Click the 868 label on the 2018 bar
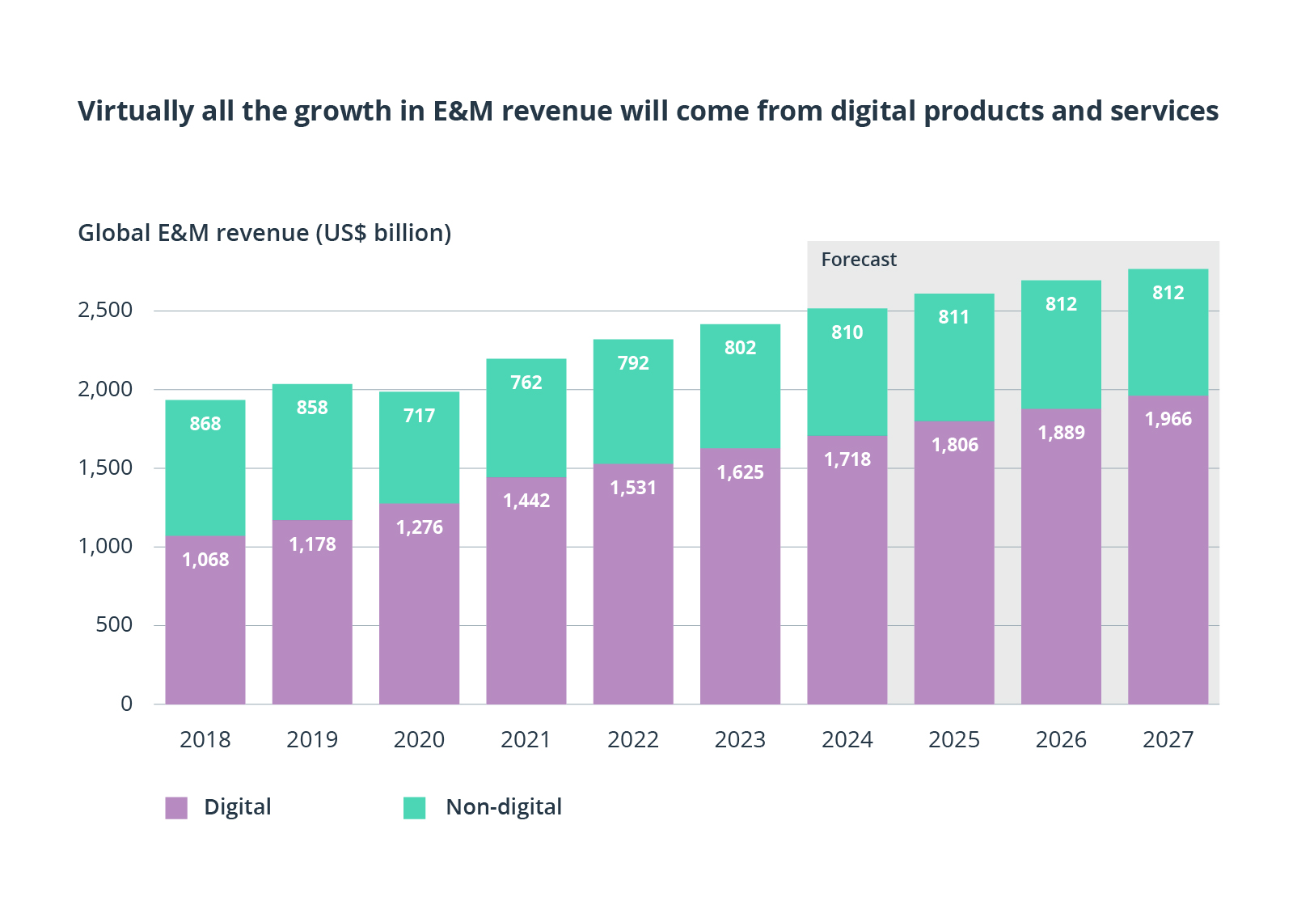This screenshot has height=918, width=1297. point(205,424)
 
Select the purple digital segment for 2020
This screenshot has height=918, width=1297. point(419,615)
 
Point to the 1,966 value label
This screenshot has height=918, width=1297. point(1168,419)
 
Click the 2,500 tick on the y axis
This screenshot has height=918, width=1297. point(105,310)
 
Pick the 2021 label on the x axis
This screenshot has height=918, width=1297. point(526,739)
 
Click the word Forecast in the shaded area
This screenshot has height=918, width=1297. point(859,260)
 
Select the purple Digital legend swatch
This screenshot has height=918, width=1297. point(176,807)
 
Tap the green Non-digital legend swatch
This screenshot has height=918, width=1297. point(414,807)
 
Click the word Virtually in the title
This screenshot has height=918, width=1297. point(135,111)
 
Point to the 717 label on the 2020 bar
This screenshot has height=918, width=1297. point(419,416)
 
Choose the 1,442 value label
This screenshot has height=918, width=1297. point(526,501)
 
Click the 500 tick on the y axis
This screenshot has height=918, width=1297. point(114,624)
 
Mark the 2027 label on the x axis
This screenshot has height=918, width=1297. point(1168,739)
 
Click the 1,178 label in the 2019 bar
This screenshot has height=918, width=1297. point(312,544)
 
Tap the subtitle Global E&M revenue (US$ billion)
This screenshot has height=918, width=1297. point(264,233)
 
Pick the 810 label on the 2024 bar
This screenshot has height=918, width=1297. point(847,332)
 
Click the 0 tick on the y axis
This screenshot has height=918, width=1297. point(126,703)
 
